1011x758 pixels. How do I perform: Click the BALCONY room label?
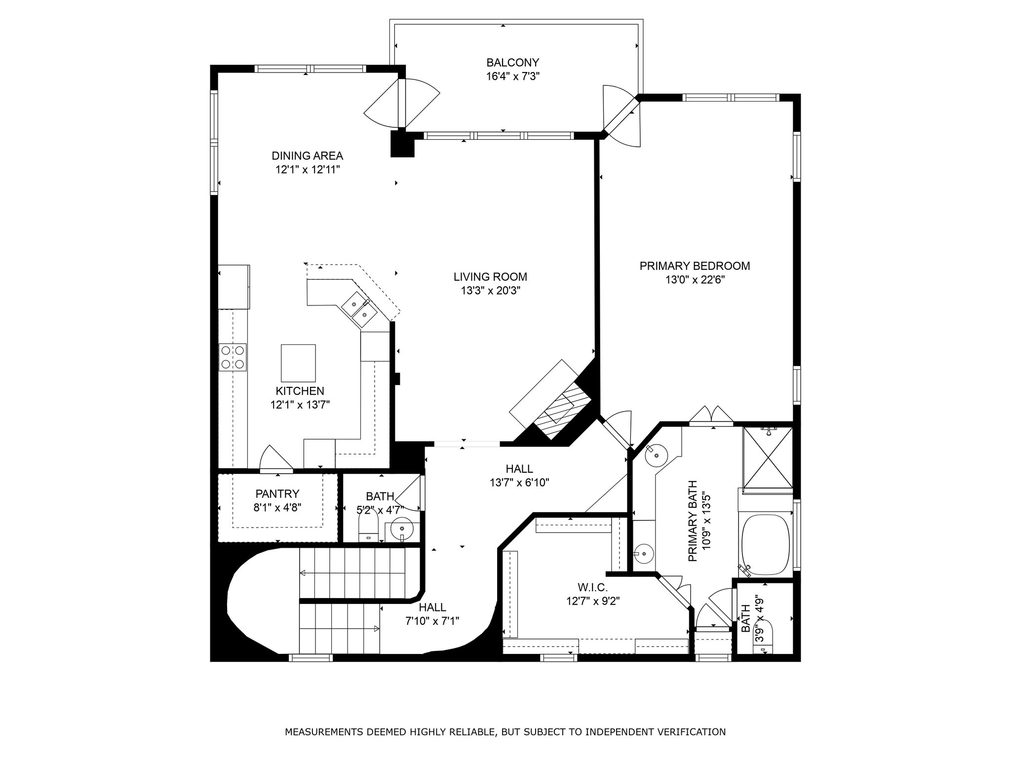click(x=512, y=63)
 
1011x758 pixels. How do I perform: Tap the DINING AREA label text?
click(x=307, y=156)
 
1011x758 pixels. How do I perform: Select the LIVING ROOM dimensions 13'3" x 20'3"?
click(x=491, y=291)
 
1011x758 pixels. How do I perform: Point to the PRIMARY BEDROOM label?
click(x=695, y=266)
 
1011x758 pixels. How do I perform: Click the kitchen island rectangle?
click(x=298, y=361)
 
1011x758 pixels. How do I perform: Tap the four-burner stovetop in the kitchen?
click(x=233, y=357)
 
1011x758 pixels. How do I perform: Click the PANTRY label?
click(x=277, y=493)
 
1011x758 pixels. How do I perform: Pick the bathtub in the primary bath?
click(x=766, y=545)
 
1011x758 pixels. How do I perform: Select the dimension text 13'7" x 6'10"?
click(x=519, y=483)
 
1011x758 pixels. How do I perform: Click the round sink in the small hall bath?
click(x=401, y=530)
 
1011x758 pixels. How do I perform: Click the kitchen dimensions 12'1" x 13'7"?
click(x=300, y=405)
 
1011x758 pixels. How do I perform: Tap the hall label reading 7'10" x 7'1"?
click(x=432, y=621)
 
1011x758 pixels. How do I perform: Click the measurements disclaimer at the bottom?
click(x=505, y=731)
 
